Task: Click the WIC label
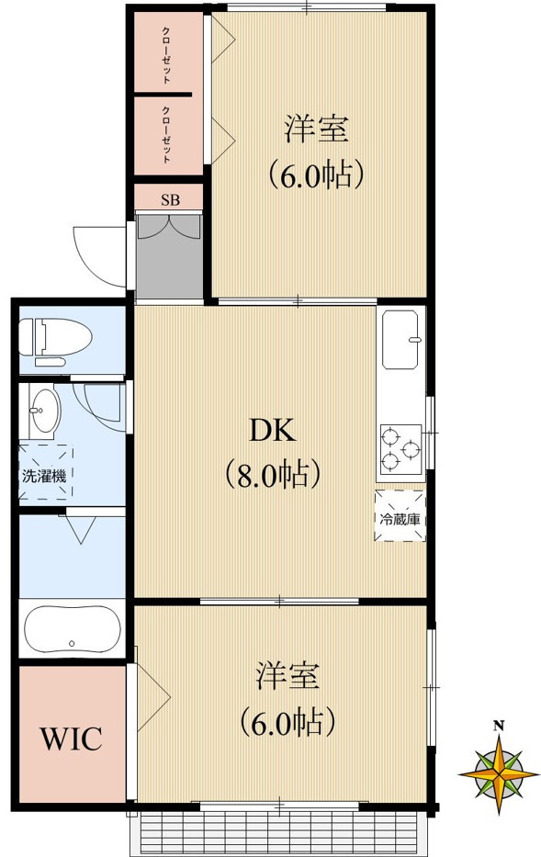(x=69, y=739)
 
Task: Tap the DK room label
(x=271, y=430)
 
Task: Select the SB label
(x=170, y=199)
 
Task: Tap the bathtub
(x=71, y=629)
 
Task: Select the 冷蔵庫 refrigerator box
(x=400, y=516)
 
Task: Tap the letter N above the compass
(x=499, y=726)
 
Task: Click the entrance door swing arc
(x=96, y=253)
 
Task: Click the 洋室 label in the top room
(x=316, y=130)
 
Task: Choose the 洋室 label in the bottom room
(x=287, y=676)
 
